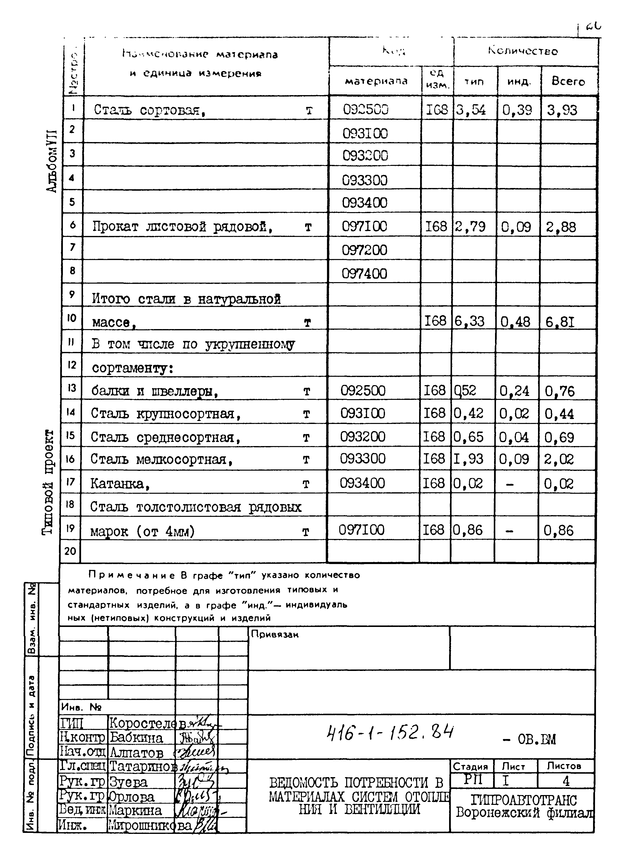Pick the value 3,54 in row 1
471,110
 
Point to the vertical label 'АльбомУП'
51,161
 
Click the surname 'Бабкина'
136,738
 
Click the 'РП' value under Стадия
472,779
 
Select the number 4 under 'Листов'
566,780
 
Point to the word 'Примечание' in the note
131,575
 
